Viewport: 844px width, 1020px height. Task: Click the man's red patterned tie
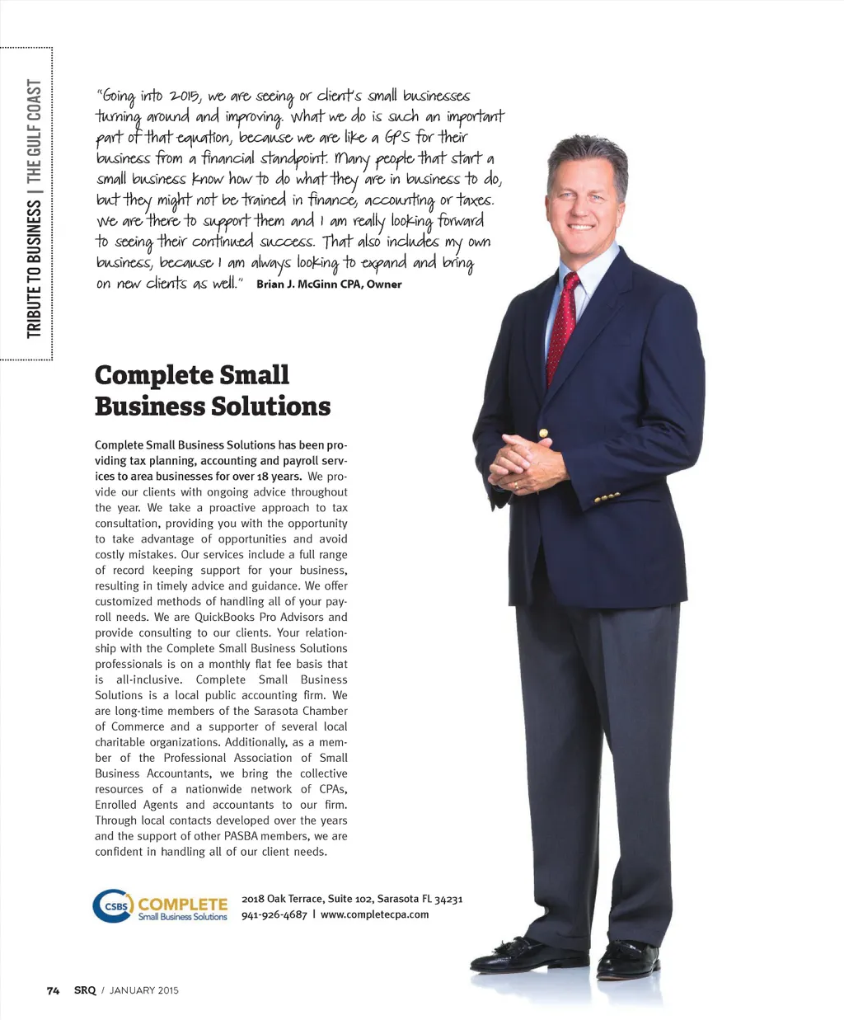click(x=563, y=326)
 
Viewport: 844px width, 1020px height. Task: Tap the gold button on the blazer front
click(x=543, y=433)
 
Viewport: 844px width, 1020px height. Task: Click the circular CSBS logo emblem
click(x=112, y=906)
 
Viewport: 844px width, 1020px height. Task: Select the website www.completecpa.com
click(x=374, y=914)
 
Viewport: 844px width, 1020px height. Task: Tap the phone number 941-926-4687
click(x=274, y=914)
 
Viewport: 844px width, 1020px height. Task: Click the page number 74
click(x=53, y=990)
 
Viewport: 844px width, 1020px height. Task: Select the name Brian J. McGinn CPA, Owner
click(x=329, y=284)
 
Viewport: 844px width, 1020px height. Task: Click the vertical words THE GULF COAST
click(x=34, y=131)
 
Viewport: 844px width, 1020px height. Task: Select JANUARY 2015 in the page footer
click(x=143, y=990)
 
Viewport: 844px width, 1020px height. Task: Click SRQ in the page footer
click(x=85, y=990)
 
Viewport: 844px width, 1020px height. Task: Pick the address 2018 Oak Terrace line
click(x=352, y=899)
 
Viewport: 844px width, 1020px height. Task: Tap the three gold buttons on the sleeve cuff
click(x=607, y=498)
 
